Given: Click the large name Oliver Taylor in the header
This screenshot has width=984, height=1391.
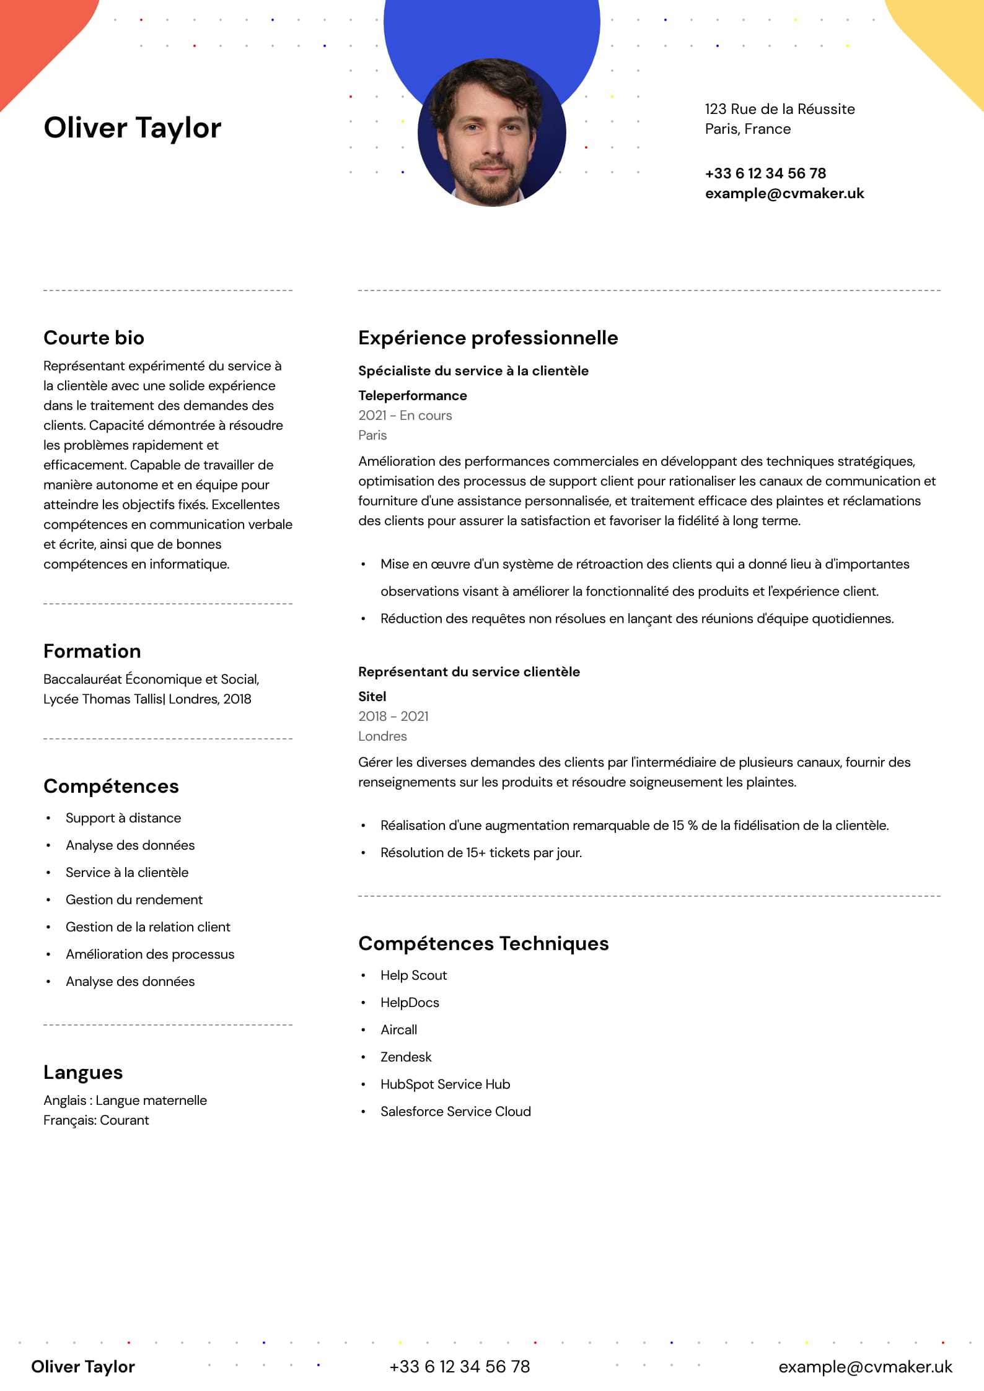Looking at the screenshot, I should [x=132, y=128].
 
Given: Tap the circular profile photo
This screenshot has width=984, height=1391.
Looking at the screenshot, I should [x=491, y=133].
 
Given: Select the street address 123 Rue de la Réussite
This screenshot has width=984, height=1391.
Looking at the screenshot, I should [x=780, y=109].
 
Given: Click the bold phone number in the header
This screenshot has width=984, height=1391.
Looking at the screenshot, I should [x=765, y=173].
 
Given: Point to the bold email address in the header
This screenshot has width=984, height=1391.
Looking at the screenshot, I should [x=784, y=193].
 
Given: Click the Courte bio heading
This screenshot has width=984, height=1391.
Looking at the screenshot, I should [x=94, y=338].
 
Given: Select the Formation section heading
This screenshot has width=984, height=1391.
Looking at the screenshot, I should [x=92, y=651].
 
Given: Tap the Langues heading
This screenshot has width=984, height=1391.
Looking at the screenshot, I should [x=83, y=1072].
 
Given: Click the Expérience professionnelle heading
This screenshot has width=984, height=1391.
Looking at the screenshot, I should [x=488, y=338].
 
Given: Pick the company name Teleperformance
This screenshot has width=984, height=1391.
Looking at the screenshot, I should [x=412, y=395].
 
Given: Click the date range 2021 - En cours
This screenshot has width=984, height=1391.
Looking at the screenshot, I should [x=405, y=415].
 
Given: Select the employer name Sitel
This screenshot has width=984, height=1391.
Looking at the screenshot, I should [x=372, y=696].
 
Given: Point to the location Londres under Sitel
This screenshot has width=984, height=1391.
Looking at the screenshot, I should [x=382, y=736].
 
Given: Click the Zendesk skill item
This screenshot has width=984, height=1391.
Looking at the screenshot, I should [x=406, y=1057].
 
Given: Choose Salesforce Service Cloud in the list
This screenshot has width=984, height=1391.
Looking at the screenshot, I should [x=455, y=1111].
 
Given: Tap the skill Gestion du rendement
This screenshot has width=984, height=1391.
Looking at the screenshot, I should [x=134, y=899].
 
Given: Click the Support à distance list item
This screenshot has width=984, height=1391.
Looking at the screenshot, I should [x=123, y=818].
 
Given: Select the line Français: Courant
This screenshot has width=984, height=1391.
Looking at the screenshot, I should [x=96, y=1120].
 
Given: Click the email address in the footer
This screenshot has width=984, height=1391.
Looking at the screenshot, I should [x=865, y=1366].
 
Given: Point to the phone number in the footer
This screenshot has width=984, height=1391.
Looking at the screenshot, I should [x=459, y=1366].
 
